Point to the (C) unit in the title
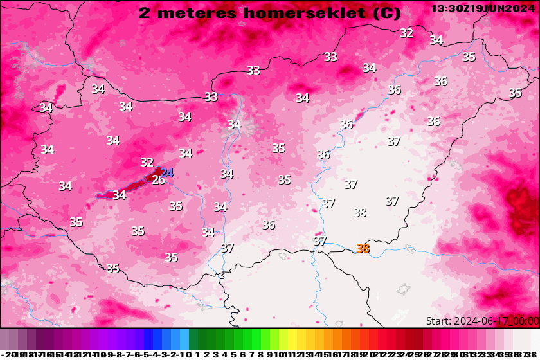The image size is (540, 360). point(386,12)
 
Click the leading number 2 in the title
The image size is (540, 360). point(145,12)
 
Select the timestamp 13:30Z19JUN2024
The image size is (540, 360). point(483,8)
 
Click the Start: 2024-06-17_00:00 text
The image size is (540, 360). point(482,321)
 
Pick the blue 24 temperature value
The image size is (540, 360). point(167,172)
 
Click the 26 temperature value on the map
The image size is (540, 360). point(158,180)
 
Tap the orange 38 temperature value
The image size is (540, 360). point(363,249)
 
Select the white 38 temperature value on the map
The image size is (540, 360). point(359,213)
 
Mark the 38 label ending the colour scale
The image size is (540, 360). point(534,354)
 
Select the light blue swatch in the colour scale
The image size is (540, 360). point(184,339)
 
